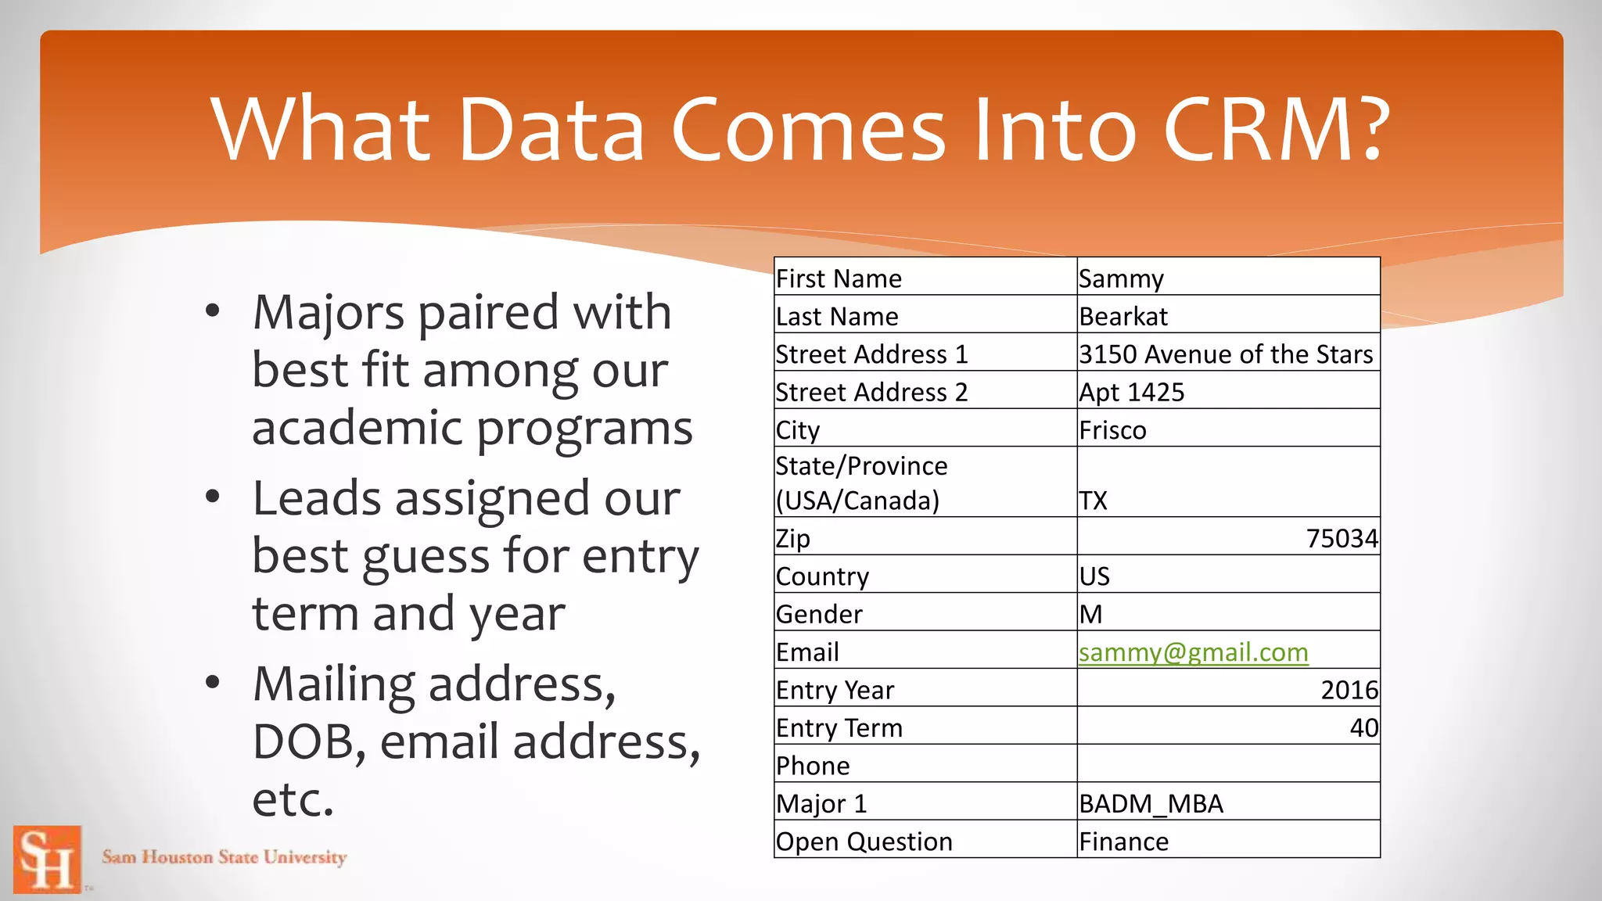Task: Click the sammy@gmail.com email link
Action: coord(1193,652)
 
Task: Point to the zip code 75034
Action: coord(1342,538)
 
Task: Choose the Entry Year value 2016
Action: coord(1349,690)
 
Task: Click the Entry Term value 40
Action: coord(1363,727)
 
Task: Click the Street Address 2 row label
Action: coord(871,392)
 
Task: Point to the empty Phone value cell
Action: coord(1228,764)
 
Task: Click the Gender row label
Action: coord(819,614)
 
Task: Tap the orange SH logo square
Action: coord(48,859)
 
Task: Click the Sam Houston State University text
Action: coord(224,857)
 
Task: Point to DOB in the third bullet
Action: coord(304,741)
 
